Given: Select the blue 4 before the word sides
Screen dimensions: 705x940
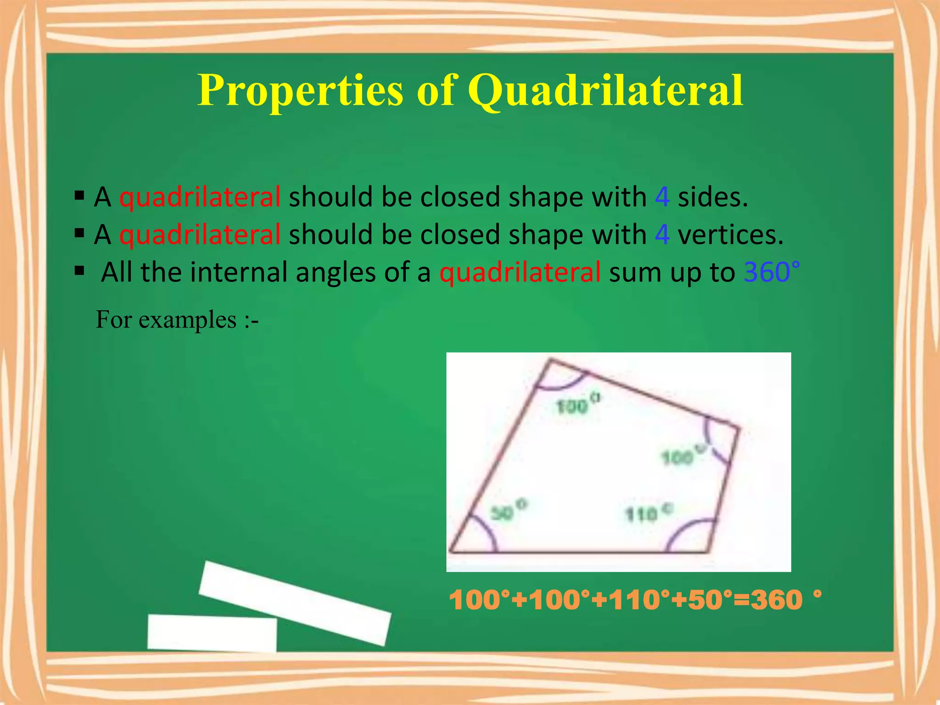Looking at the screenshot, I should pyautogui.click(x=662, y=197).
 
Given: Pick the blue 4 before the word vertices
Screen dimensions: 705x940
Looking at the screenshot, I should pyautogui.click(x=662, y=235).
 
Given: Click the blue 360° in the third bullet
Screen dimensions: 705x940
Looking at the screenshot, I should pyautogui.click(x=772, y=272).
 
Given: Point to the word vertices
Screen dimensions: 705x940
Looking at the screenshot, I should pyautogui.click(x=730, y=235).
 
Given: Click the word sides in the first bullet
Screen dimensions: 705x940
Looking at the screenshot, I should pyautogui.click(x=712, y=197).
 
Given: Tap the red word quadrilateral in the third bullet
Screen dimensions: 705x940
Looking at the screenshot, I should pyautogui.click(x=520, y=272).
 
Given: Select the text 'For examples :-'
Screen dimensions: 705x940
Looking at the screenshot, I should pyautogui.click(x=177, y=319).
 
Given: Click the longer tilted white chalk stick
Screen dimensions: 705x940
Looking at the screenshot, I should pyautogui.click(x=295, y=603).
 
